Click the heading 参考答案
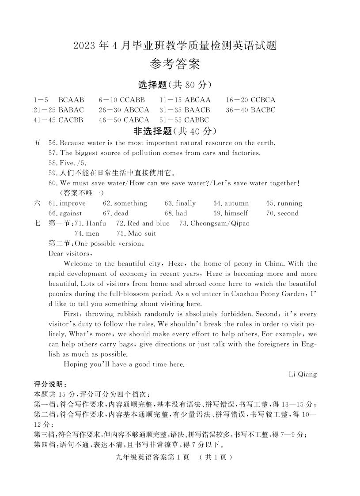174,65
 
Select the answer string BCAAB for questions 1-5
71,100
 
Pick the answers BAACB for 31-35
197,110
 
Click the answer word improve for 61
72,203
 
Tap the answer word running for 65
290,203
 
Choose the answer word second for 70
288,214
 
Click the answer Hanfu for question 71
96,223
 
